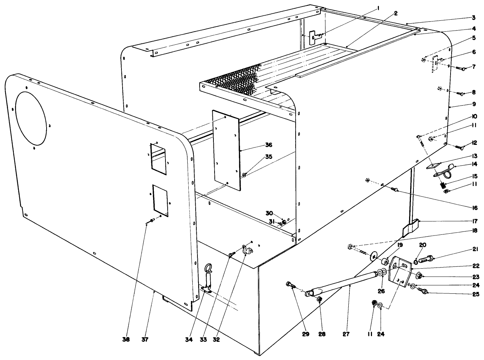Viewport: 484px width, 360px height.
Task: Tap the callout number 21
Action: pos(475,250)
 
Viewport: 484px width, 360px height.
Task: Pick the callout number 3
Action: pos(474,17)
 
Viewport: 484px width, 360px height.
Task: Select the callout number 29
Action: pos(305,333)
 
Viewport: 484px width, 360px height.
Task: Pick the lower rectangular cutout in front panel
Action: pos(160,200)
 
